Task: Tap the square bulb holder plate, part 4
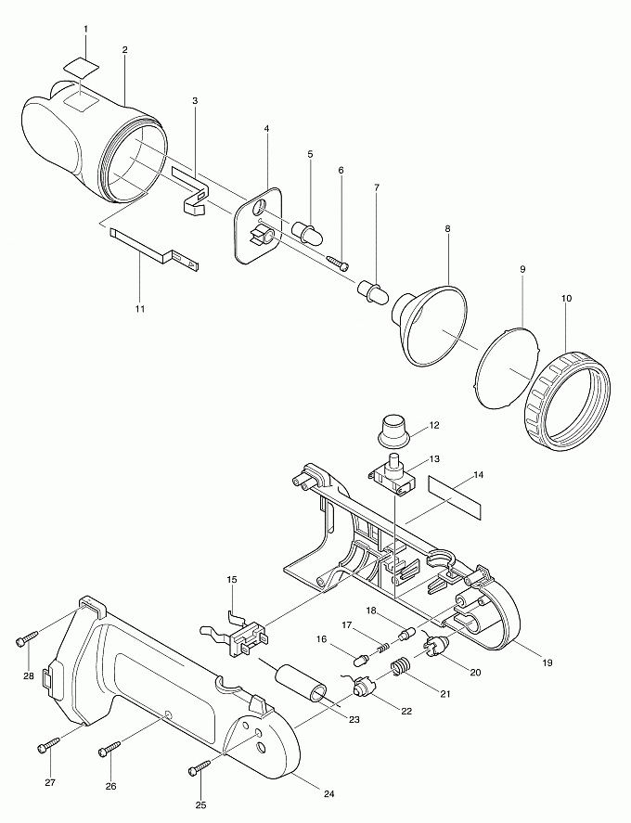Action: [258, 225]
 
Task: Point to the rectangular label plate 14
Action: [455, 496]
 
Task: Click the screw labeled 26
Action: [110, 749]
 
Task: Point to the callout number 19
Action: [547, 662]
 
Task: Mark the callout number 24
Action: [328, 793]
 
